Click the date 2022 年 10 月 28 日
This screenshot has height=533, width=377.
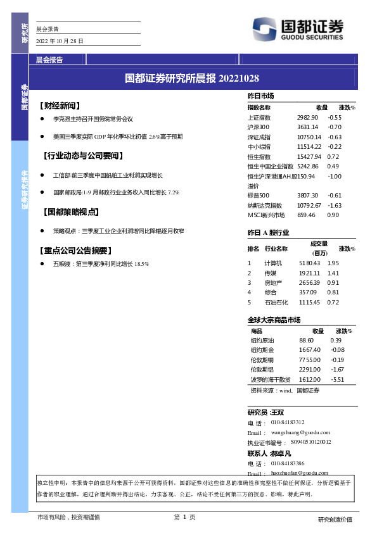60,41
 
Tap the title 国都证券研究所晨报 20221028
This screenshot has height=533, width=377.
192,78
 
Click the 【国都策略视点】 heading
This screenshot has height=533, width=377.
69,212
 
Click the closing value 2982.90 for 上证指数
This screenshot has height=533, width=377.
307,118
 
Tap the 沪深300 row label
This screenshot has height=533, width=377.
259,127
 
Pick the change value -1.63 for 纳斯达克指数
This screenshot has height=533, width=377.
335,205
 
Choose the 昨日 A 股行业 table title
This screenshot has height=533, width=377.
269,233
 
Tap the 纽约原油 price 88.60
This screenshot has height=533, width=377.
307,341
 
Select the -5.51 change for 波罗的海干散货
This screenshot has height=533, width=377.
338,379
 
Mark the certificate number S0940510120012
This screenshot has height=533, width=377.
310,442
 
